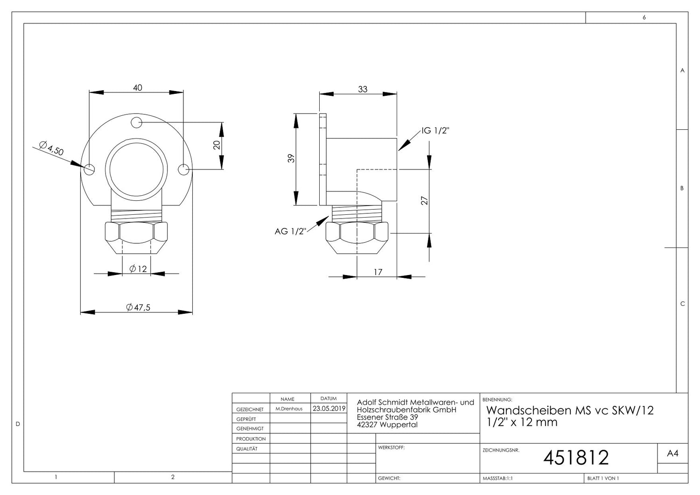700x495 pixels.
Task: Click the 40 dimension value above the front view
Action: click(138, 87)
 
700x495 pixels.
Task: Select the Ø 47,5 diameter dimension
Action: click(138, 307)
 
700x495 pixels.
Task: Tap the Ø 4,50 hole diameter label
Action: click(51, 148)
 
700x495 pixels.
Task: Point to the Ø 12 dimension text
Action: click(138, 269)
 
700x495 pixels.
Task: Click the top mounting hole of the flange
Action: click(136, 122)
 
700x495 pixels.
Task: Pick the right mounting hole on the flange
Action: click(183, 170)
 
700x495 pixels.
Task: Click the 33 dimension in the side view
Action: click(363, 89)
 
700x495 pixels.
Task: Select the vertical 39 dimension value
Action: click(291, 158)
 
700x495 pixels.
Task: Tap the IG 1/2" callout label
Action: click(435, 131)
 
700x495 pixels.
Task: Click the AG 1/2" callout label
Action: click(290, 232)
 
